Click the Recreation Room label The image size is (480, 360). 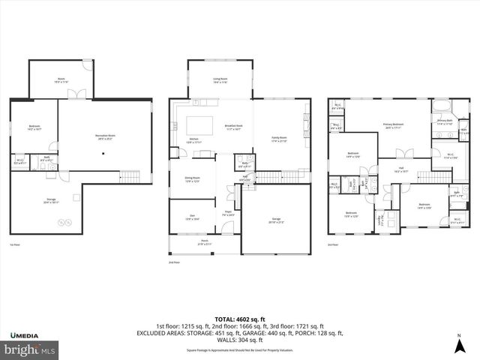point(105,136)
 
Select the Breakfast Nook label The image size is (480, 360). point(235,127)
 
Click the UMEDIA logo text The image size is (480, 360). point(26,334)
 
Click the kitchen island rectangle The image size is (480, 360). point(199,124)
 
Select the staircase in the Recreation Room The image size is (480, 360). point(130,175)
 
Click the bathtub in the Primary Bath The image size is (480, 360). point(442,105)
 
